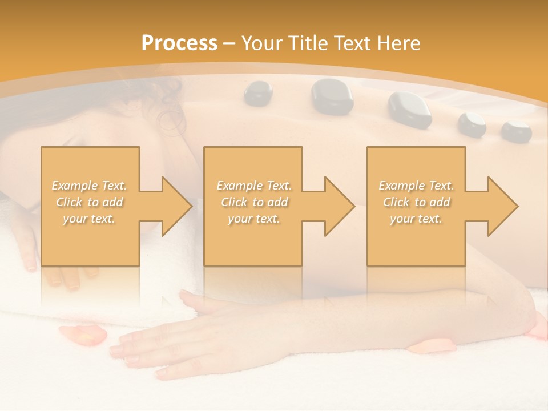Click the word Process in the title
(x=179, y=43)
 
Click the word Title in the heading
(x=307, y=43)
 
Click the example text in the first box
(x=89, y=202)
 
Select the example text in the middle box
(x=253, y=202)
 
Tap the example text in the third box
(x=416, y=202)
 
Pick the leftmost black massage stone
(x=259, y=94)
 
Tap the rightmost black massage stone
(x=516, y=131)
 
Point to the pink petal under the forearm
(x=432, y=345)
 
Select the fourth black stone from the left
(x=472, y=124)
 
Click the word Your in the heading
(x=262, y=43)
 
